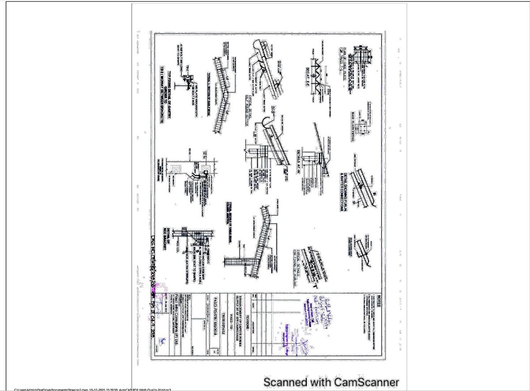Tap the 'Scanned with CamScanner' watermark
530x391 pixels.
tap(331, 382)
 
